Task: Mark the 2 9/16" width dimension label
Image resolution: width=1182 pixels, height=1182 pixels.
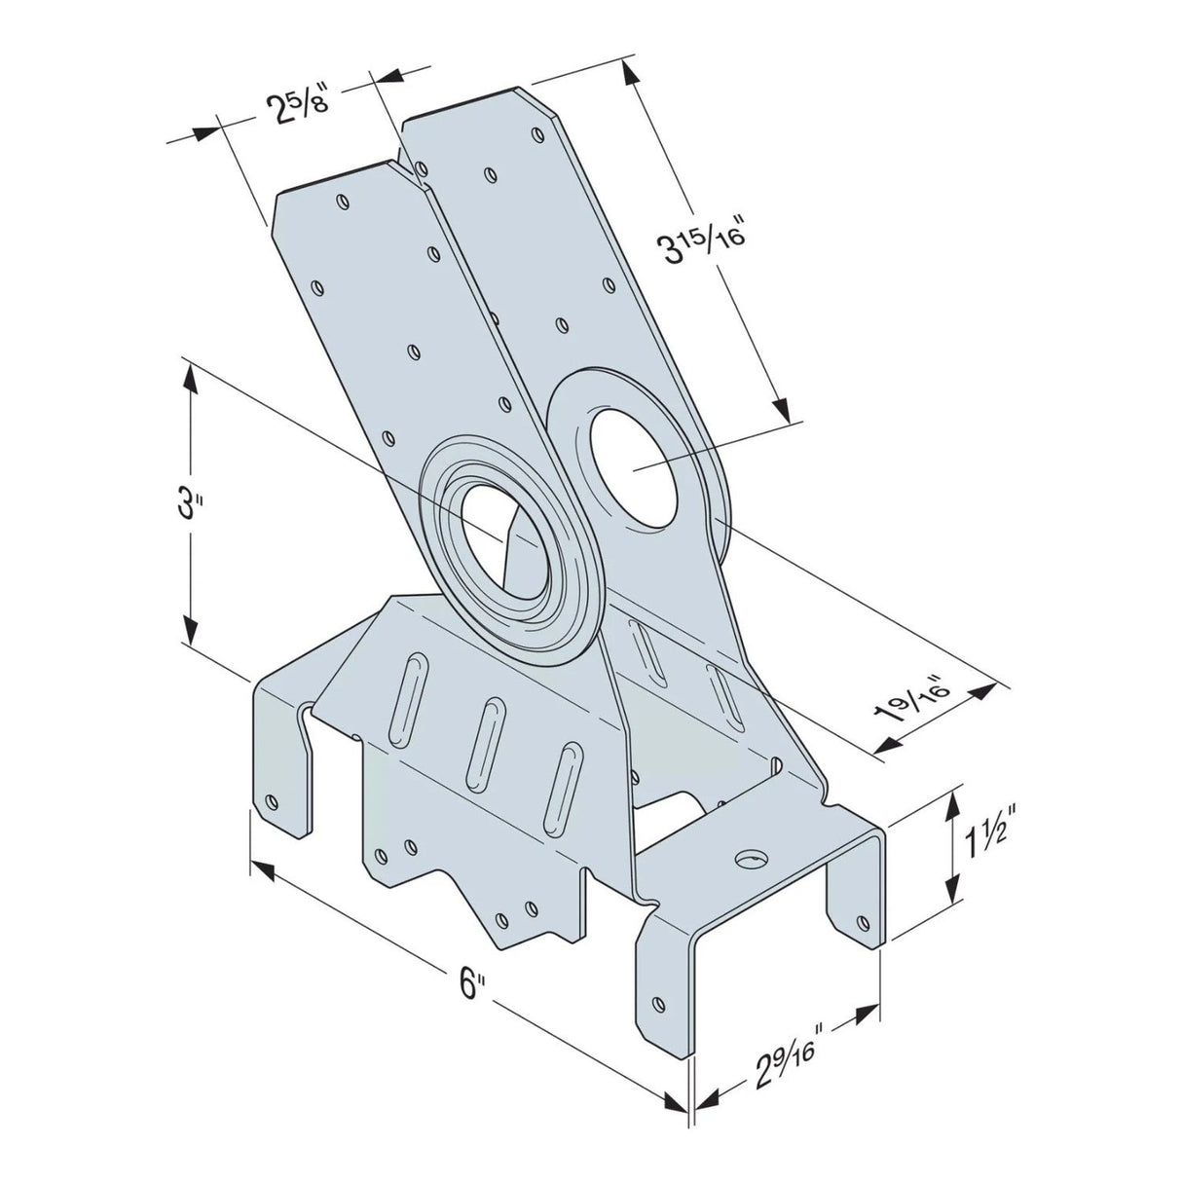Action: (x=785, y=1058)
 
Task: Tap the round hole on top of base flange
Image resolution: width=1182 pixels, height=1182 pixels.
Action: (x=751, y=859)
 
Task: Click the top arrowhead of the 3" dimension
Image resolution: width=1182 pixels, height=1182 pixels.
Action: (x=192, y=379)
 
